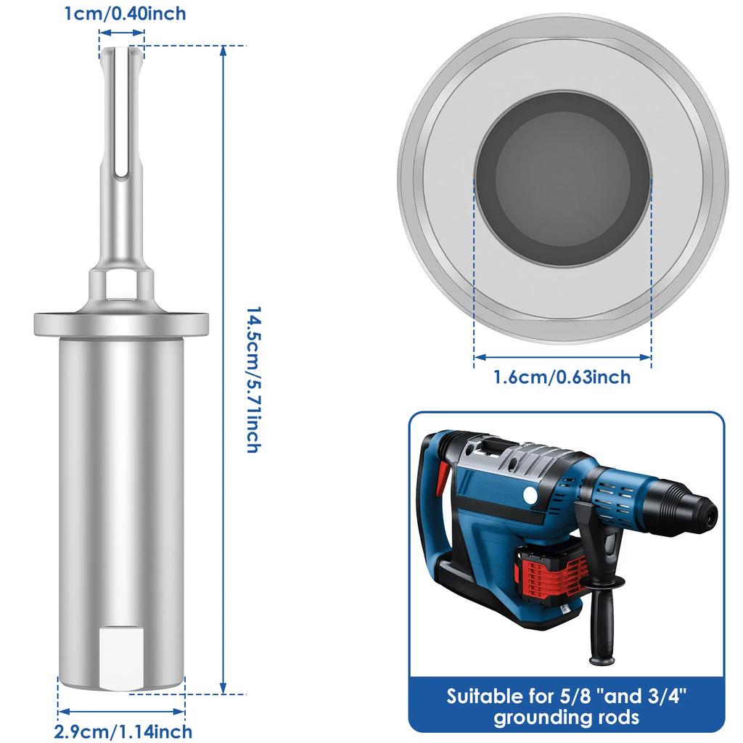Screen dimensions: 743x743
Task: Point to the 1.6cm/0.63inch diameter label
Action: click(562, 377)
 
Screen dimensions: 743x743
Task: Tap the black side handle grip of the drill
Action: click(602, 624)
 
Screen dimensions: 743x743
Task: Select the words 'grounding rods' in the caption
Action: click(566, 718)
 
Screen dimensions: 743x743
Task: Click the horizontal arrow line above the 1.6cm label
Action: click(562, 356)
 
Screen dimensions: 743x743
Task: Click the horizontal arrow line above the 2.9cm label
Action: click(121, 711)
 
